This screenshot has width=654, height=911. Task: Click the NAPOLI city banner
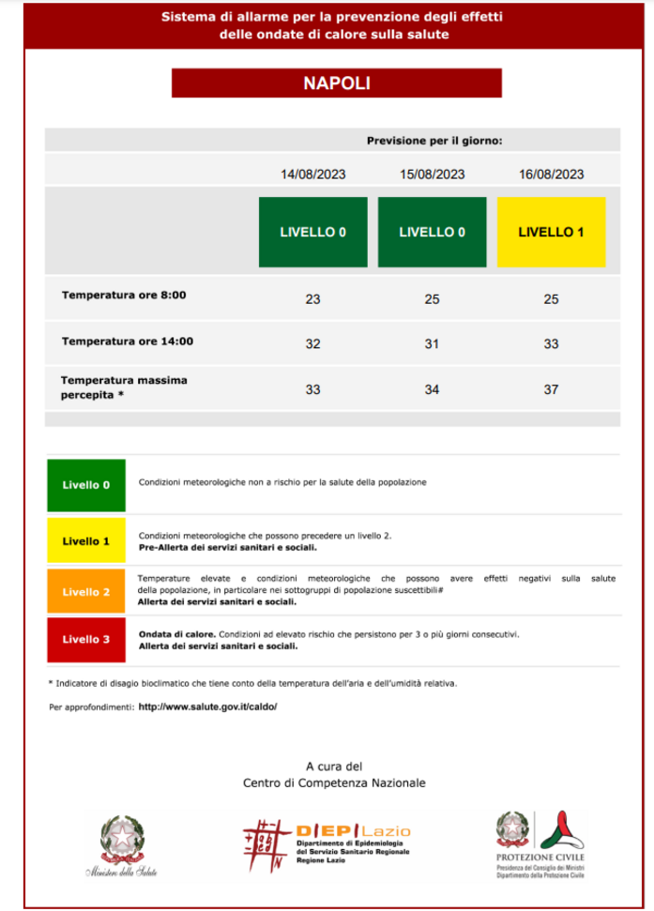click(336, 83)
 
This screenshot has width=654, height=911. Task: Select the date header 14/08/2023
click(313, 175)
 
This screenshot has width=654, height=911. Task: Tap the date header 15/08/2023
click(432, 175)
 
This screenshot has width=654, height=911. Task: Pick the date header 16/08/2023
click(551, 175)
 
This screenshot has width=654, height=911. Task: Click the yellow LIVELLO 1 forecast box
click(551, 232)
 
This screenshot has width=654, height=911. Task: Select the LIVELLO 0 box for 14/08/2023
click(313, 232)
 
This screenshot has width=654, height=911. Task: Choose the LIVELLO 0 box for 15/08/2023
click(432, 232)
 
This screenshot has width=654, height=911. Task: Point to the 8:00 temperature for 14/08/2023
click(313, 299)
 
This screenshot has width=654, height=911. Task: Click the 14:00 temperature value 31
click(432, 344)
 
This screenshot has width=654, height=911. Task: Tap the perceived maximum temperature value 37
click(551, 389)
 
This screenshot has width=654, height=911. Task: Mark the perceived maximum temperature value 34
click(432, 389)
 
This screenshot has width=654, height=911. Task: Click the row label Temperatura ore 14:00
click(128, 342)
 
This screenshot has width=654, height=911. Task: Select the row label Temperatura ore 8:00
click(124, 296)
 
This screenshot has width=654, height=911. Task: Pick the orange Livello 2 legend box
click(86, 592)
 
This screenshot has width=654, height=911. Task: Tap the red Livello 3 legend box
click(86, 640)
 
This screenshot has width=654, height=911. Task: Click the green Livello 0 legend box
click(86, 485)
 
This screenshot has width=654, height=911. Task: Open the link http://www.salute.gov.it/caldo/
click(207, 706)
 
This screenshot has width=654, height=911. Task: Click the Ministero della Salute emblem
click(119, 844)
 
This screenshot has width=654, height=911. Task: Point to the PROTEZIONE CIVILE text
click(540, 858)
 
